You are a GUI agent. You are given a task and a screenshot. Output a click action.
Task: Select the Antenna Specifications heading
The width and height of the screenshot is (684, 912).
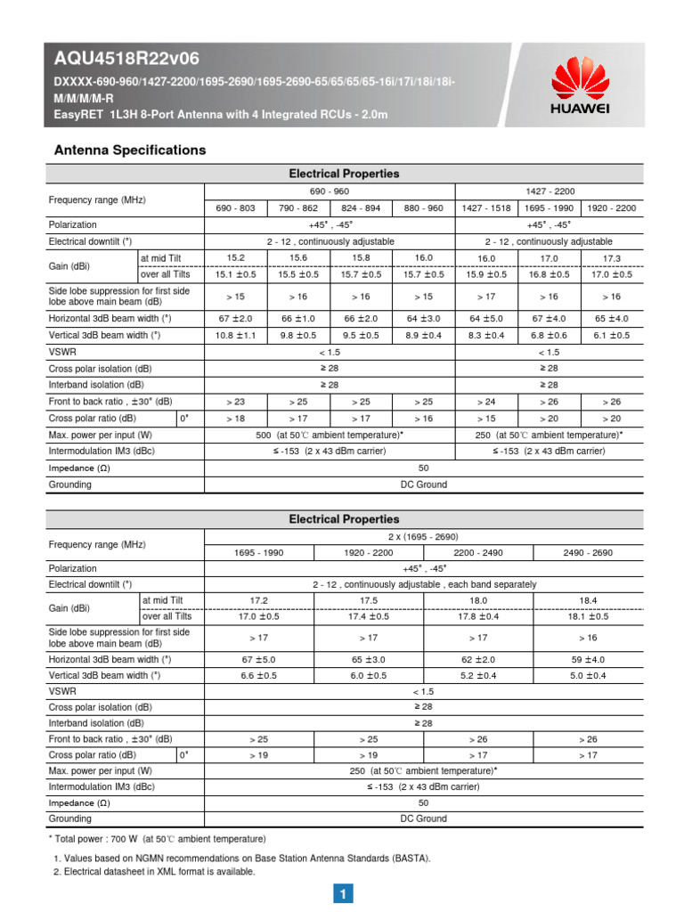coord(131,150)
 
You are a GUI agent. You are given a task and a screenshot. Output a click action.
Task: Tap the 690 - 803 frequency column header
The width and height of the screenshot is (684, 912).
coord(236,208)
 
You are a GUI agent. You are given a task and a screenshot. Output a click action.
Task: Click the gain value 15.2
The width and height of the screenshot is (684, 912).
coord(236,257)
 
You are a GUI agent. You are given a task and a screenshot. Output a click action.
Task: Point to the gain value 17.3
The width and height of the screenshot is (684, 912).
coord(611,257)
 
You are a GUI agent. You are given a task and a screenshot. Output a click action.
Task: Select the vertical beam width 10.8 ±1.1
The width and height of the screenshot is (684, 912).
coord(236,335)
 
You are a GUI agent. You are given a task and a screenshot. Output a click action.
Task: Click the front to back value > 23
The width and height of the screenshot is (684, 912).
coord(236,402)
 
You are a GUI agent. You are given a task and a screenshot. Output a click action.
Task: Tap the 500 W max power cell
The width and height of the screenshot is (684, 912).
coord(330,435)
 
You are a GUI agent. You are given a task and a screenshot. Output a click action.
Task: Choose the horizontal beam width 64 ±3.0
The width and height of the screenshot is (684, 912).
coord(423,318)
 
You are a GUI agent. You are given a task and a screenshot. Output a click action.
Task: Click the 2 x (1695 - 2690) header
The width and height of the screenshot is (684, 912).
coord(423,536)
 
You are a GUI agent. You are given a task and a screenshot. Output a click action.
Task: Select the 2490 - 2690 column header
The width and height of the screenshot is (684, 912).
coord(588,552)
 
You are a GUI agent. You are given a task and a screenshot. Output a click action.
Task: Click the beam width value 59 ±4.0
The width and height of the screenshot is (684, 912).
coord(588,660)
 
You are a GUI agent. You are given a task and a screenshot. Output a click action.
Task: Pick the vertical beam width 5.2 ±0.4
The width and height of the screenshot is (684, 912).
coord(478,676)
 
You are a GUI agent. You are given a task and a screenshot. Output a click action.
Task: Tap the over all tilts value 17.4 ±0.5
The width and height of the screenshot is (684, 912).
coord(369,616)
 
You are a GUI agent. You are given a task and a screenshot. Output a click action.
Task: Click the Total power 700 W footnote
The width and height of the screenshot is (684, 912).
coord(157,839)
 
